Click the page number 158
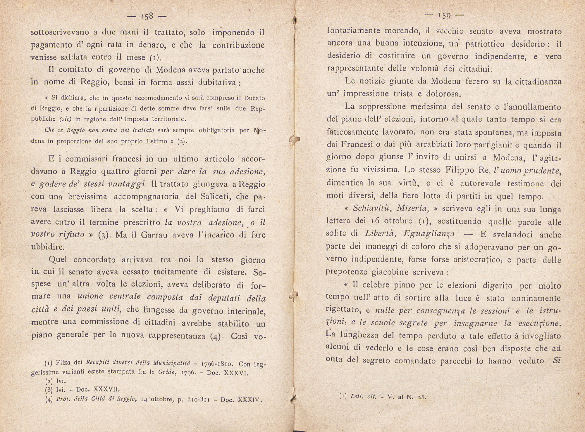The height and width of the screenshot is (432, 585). (147, 16)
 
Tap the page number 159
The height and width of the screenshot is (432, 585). (444, 16)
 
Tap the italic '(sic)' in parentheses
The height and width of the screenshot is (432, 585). (66, 119)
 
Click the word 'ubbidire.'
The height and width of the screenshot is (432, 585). (47, 247)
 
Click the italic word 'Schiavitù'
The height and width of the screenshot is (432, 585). (370, 209)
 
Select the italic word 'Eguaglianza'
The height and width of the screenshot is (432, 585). (428, 234)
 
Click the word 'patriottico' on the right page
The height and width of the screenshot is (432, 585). (480, 44)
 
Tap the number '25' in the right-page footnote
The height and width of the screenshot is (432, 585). (421, 397)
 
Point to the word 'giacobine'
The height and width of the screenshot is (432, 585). (390, 272)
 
